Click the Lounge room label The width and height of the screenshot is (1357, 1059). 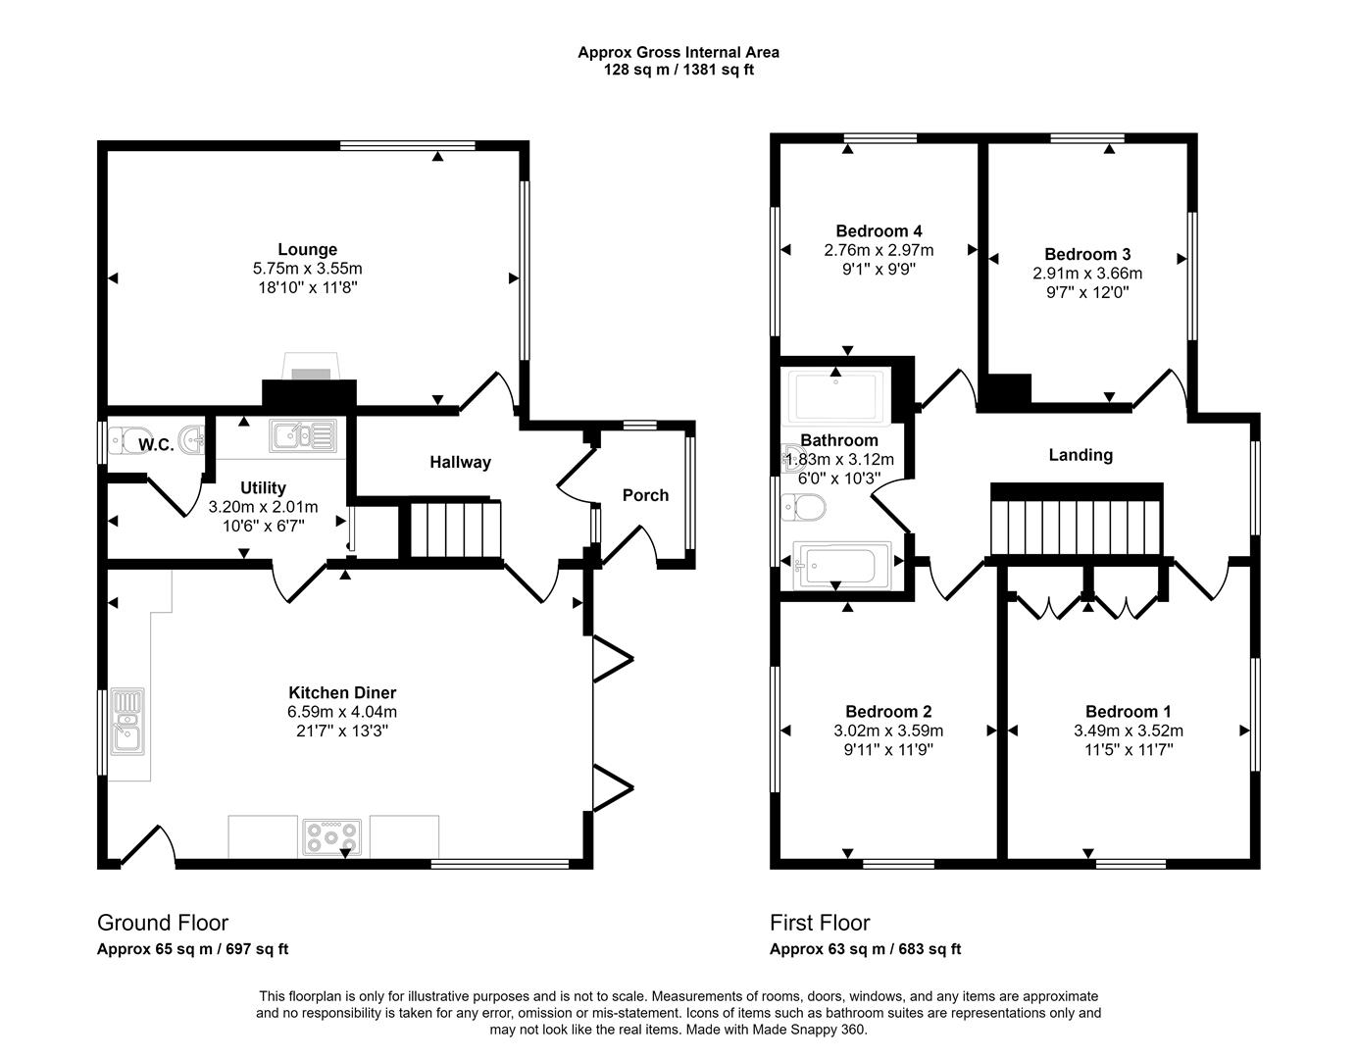tap(307, 250)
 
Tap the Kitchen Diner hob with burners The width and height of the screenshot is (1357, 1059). tap(332, 836)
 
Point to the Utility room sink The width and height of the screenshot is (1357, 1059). tap(304, 435)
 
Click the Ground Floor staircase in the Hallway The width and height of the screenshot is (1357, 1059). tap(455, 529)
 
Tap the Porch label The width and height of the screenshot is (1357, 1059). tap(645, 495)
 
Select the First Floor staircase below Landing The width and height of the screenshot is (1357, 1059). tap(1076, 528)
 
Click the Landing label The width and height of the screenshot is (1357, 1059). tap(1081, 455)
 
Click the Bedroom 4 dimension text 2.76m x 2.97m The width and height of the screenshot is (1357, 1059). tap(879, 250)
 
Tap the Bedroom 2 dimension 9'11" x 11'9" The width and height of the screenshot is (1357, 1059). tap(888, 750)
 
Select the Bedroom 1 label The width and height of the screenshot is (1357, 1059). tap(1128, 712)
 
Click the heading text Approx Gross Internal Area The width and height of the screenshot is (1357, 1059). tap(678, 53)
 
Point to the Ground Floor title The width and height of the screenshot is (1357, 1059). tap(163, 923)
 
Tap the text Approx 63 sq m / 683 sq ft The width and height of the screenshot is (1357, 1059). tap(865, 949)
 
